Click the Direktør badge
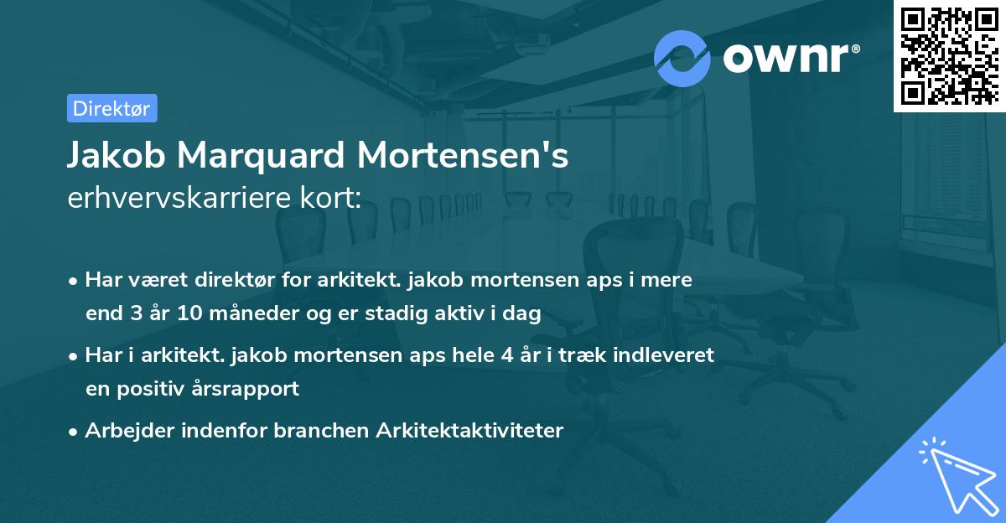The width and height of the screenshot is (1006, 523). [111, 108]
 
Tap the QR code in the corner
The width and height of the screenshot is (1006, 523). [949, 55]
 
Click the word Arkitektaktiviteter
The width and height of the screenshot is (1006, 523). [470, 431]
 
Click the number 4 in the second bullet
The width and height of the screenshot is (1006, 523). [507, 355]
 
